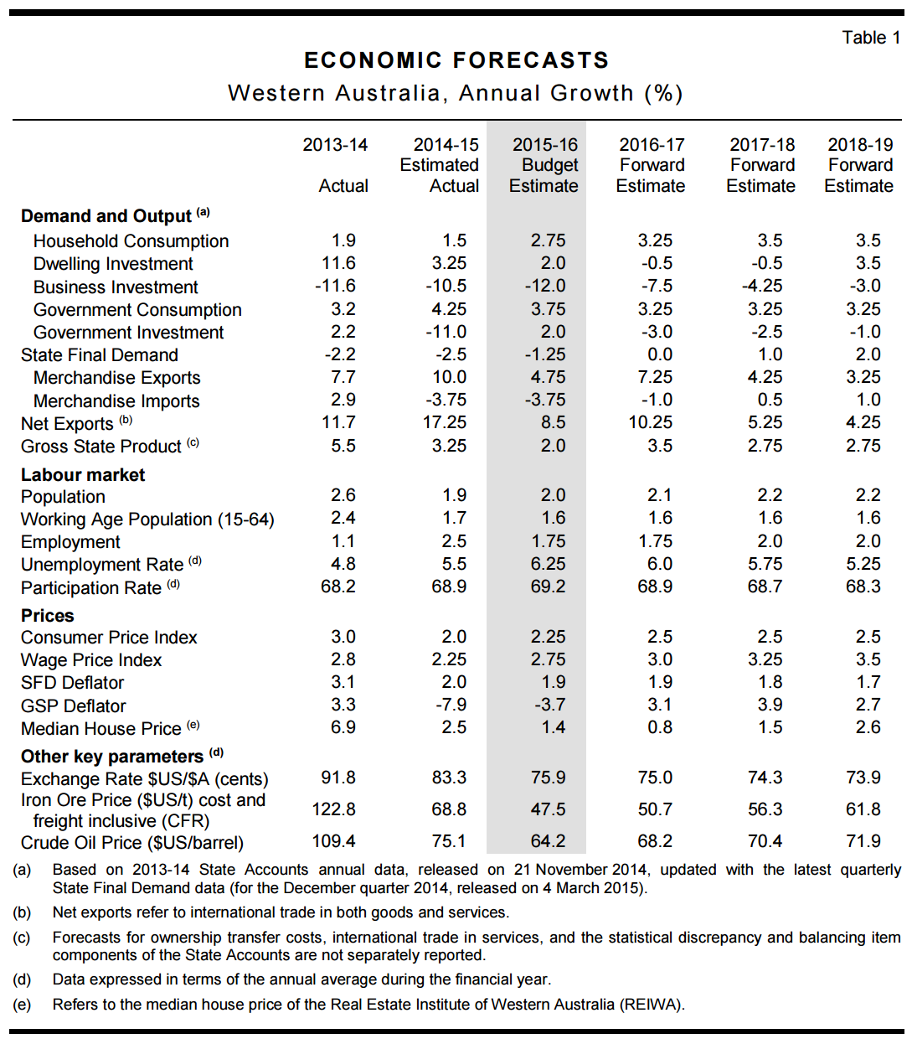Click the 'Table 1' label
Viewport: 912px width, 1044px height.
point(871,38)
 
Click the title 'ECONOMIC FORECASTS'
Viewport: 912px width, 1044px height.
point(456,60)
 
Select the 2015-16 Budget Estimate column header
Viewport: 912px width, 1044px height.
point(544,165)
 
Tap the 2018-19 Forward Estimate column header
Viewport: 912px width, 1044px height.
point(859,165)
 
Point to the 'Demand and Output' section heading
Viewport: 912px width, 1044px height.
point(106,216)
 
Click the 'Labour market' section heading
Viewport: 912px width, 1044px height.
point(83,475)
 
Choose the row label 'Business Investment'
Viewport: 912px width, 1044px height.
point(116,287)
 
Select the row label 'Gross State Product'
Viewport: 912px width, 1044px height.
point(101,447)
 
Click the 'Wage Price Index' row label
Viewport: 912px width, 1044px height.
point(91,660)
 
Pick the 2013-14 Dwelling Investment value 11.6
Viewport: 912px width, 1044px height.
point(338,263)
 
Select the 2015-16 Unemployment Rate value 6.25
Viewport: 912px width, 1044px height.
point(548,564)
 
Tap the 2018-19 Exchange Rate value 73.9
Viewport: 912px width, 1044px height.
point(863,778)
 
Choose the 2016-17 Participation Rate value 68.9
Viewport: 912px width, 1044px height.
point(655,587)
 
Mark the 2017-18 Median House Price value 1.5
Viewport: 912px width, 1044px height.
point(770,727)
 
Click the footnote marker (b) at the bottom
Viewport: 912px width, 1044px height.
point(22,912)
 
